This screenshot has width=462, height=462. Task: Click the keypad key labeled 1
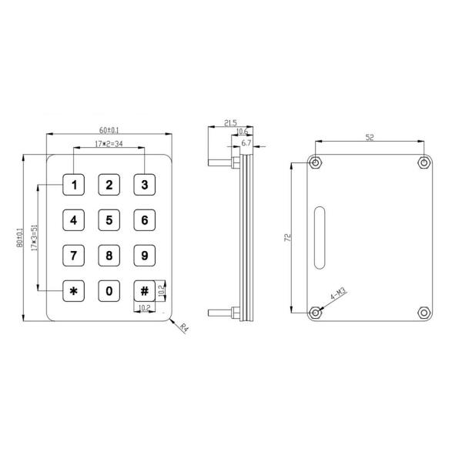pos(74,185)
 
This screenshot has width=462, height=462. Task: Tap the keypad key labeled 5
pos(109,220)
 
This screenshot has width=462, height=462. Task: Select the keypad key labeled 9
pos(145,256)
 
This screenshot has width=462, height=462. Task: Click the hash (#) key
pos(144,291)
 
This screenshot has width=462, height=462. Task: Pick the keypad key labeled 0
pos(109,291)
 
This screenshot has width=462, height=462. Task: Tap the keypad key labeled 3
pos(145,185)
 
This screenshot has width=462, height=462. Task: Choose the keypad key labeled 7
pos(74,256)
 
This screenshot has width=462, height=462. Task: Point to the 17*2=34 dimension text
pos(108,144)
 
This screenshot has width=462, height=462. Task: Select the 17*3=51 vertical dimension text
pos(34,238)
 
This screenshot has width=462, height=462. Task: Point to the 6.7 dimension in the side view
pos(246,143)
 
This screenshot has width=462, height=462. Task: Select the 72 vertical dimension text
pos(286,237)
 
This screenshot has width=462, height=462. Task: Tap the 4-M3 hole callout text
pos(338,295)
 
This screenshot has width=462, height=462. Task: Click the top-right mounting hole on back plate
pos(423,162)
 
